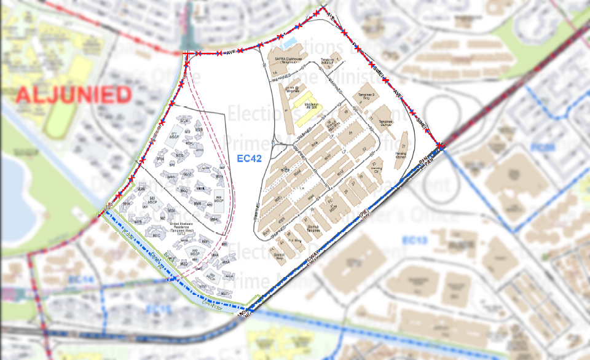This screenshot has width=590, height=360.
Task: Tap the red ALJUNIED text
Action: pyautogui.click(x=73, y=95)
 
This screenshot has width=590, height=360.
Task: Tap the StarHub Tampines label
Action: pyautogui.click(x=318, y=227)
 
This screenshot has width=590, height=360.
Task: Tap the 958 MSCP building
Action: pyautogui.click(x=218, y=199)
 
